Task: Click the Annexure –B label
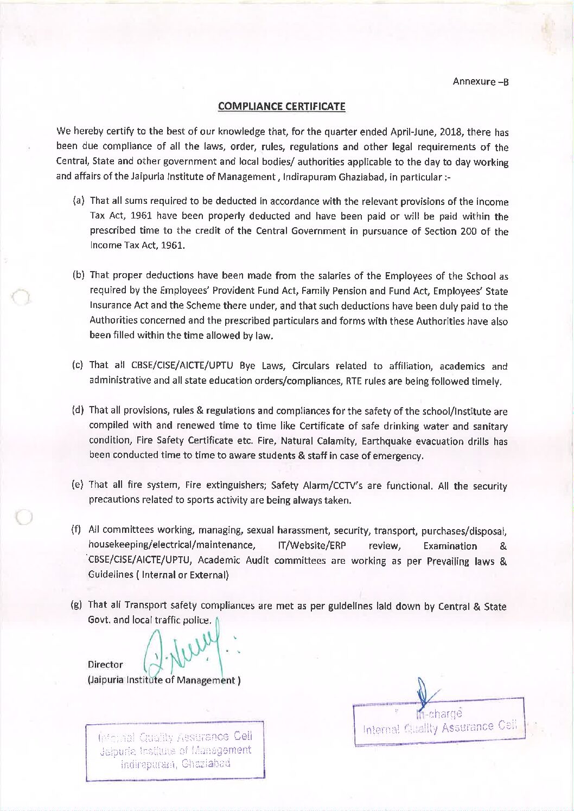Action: (x=480, y=82)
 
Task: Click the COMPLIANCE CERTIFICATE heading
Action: (x=281, y=106)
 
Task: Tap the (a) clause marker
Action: (x=78, y=201)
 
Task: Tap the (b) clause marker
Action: (x=78, y=275)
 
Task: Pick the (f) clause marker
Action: (x=76, y=529)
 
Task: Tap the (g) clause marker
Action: (x=76, y=604)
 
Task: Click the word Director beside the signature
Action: (x=105, y=665)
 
